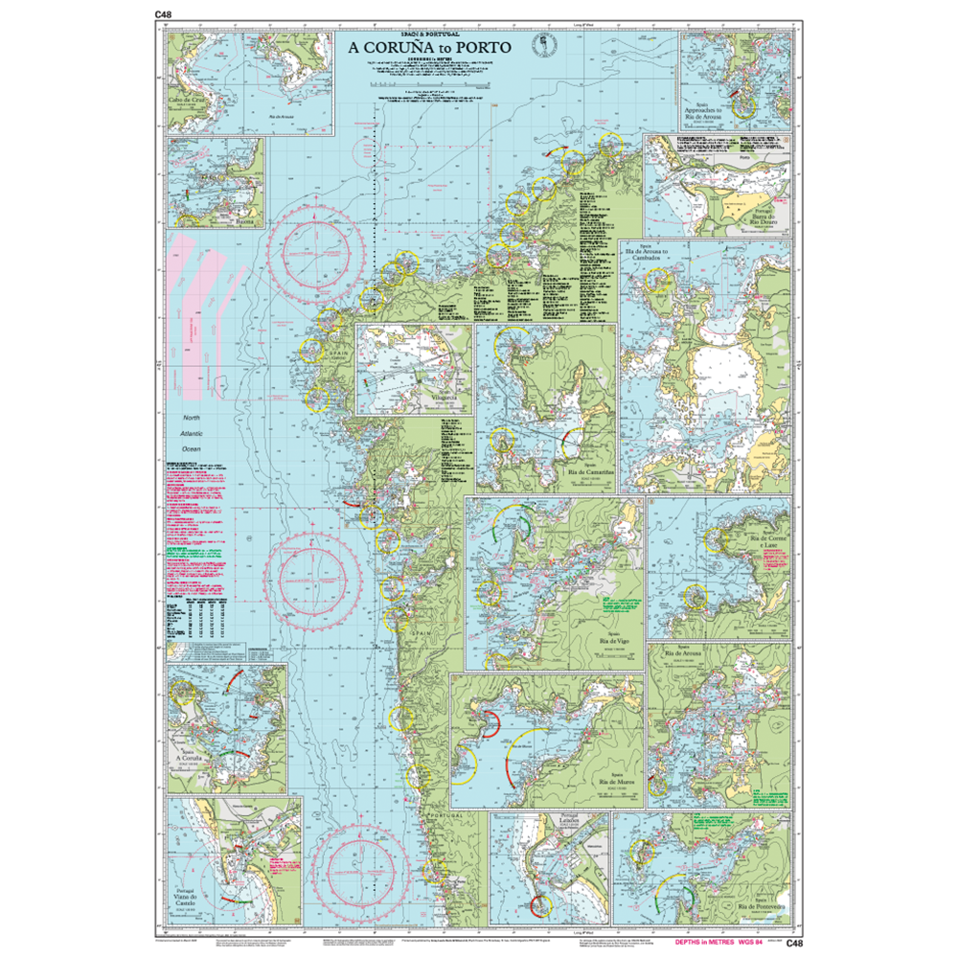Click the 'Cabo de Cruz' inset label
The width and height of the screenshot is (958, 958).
pyautogui.click(x=188, y=98)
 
